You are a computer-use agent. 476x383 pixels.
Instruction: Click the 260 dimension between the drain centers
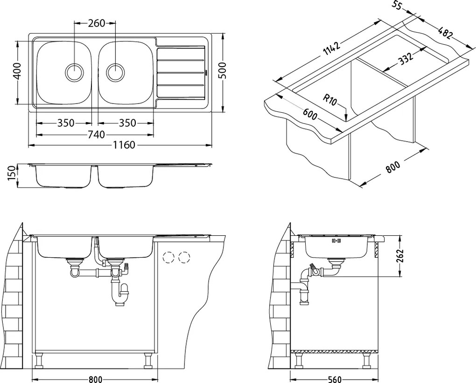95,23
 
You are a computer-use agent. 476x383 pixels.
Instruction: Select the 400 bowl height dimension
17,72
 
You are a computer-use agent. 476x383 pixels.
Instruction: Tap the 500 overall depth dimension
222,72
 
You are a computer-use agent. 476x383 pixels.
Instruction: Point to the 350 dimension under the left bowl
66,123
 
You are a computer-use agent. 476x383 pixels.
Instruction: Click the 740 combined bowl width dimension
95,135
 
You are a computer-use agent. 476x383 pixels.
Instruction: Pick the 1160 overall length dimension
123,145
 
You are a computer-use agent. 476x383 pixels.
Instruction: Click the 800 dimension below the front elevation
95,379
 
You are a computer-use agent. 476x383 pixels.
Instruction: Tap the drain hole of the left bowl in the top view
75,72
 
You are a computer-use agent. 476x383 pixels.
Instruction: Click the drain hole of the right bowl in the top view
116,72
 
